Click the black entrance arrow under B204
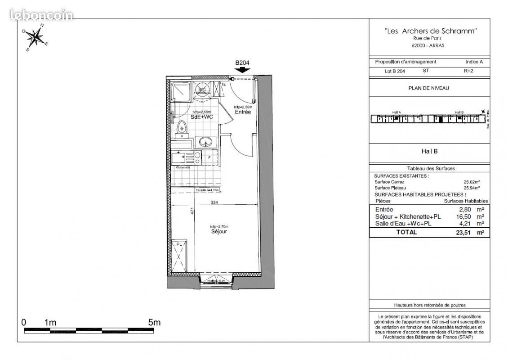[x=242, y=70]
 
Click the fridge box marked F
[x=209, y=158]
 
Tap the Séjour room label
[x=219, y=232]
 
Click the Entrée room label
[x=243, y=112]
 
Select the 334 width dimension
[x=214, y=202]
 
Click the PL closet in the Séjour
[x=179, y=256]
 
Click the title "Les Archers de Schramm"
[x=430, y=31]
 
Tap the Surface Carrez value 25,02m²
[x=472, y=182]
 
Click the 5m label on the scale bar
[x=154, y=323]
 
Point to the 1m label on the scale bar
[x=50, y=323]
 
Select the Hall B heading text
[x=429, y=152]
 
